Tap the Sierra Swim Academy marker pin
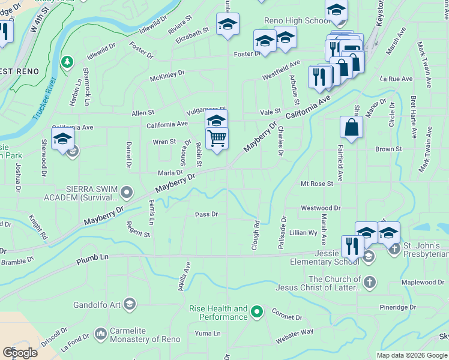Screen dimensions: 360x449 point(127,193)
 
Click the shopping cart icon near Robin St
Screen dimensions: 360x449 point(217,139)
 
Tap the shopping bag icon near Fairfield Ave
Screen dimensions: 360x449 point(351,127)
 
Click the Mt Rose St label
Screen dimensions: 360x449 point(317,184)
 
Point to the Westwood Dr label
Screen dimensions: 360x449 point(321,208)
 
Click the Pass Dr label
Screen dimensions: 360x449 point(206,214)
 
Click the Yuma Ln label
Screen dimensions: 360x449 point(208,333)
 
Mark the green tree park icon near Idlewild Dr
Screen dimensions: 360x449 point(67,61)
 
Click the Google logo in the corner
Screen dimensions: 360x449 point(20,352)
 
